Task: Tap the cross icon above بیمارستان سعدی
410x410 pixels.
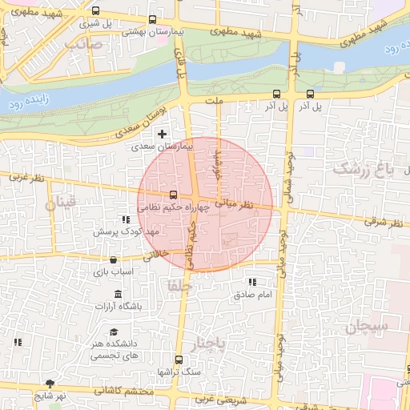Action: pyautogui.click(x=163, y=133)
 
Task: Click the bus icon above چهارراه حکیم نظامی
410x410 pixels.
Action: pyautogui.click(x=172, y=195)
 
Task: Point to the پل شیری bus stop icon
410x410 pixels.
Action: pyautogui.click(x=96, y=11)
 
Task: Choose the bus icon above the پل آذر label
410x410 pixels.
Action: pyautogui.click(x=310, y=93)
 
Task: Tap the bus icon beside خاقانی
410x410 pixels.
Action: pyautogui.click(x=113, y=259)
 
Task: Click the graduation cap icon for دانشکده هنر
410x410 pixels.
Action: pyautogui.click(x=114, y=332)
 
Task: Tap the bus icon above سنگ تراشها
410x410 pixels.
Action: pyautogui.click(x=187, y=360)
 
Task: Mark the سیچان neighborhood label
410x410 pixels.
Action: pyautogui.click(x=368, y=326)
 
